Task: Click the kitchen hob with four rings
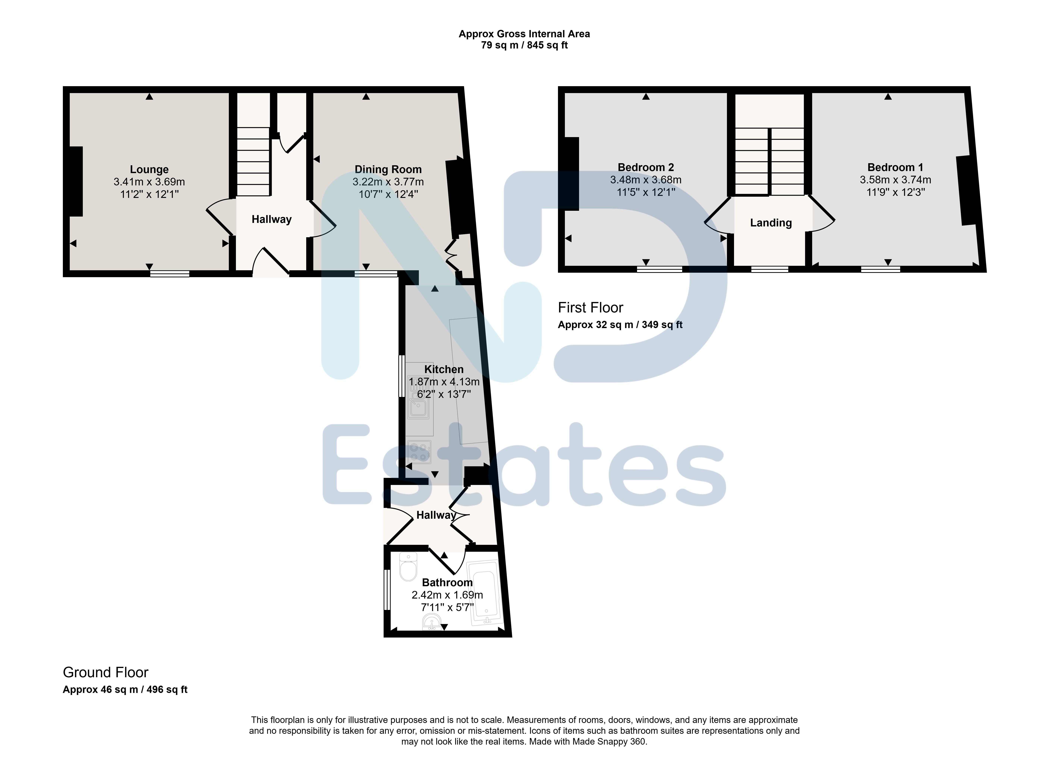coord(419,452)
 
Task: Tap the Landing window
coord(770,269)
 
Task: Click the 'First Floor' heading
coord(591,308)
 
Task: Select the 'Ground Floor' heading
coord(105,672)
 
